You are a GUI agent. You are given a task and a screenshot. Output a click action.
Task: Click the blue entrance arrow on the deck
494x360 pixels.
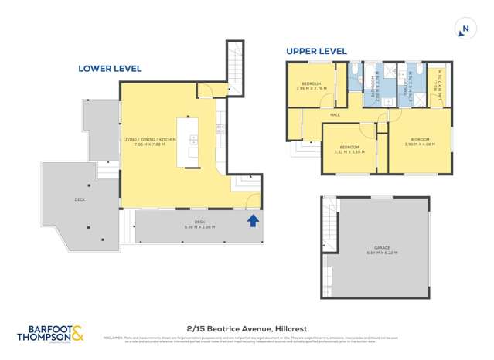pos(251,222)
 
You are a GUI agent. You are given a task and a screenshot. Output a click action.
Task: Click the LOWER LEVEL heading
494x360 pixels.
pos(110,69)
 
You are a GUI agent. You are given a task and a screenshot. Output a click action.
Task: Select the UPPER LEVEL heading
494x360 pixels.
pos(317,52)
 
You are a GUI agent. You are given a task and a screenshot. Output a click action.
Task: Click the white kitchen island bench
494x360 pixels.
pos(189,142)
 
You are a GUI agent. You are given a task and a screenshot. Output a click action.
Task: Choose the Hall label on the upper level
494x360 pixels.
pos(335,115)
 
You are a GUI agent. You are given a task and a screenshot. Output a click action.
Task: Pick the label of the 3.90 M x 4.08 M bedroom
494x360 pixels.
pos(419,142)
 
